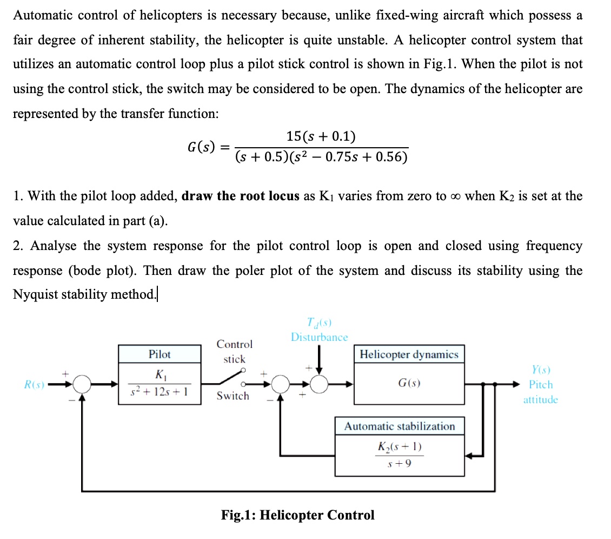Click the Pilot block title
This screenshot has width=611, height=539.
point(160,354)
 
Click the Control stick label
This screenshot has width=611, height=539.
point(234,351)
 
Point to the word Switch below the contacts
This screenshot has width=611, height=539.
point(233,396)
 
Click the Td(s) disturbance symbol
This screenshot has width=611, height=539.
point(319,324)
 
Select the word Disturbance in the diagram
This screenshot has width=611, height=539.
point(319,337)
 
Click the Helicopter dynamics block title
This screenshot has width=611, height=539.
point(409,354)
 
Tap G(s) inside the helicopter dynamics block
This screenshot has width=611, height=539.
point(409,383)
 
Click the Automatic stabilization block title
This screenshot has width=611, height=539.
point(400,426)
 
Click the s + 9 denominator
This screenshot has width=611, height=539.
point(400,464)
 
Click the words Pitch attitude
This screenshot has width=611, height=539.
point(541,392)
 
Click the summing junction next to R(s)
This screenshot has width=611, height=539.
point(82,385)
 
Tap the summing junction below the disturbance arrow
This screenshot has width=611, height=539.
point(319,385)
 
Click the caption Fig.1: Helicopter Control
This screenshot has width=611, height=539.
point(297,515)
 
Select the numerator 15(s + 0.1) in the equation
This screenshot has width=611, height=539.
point(321,136)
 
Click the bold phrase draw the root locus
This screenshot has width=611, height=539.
point(241,196)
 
